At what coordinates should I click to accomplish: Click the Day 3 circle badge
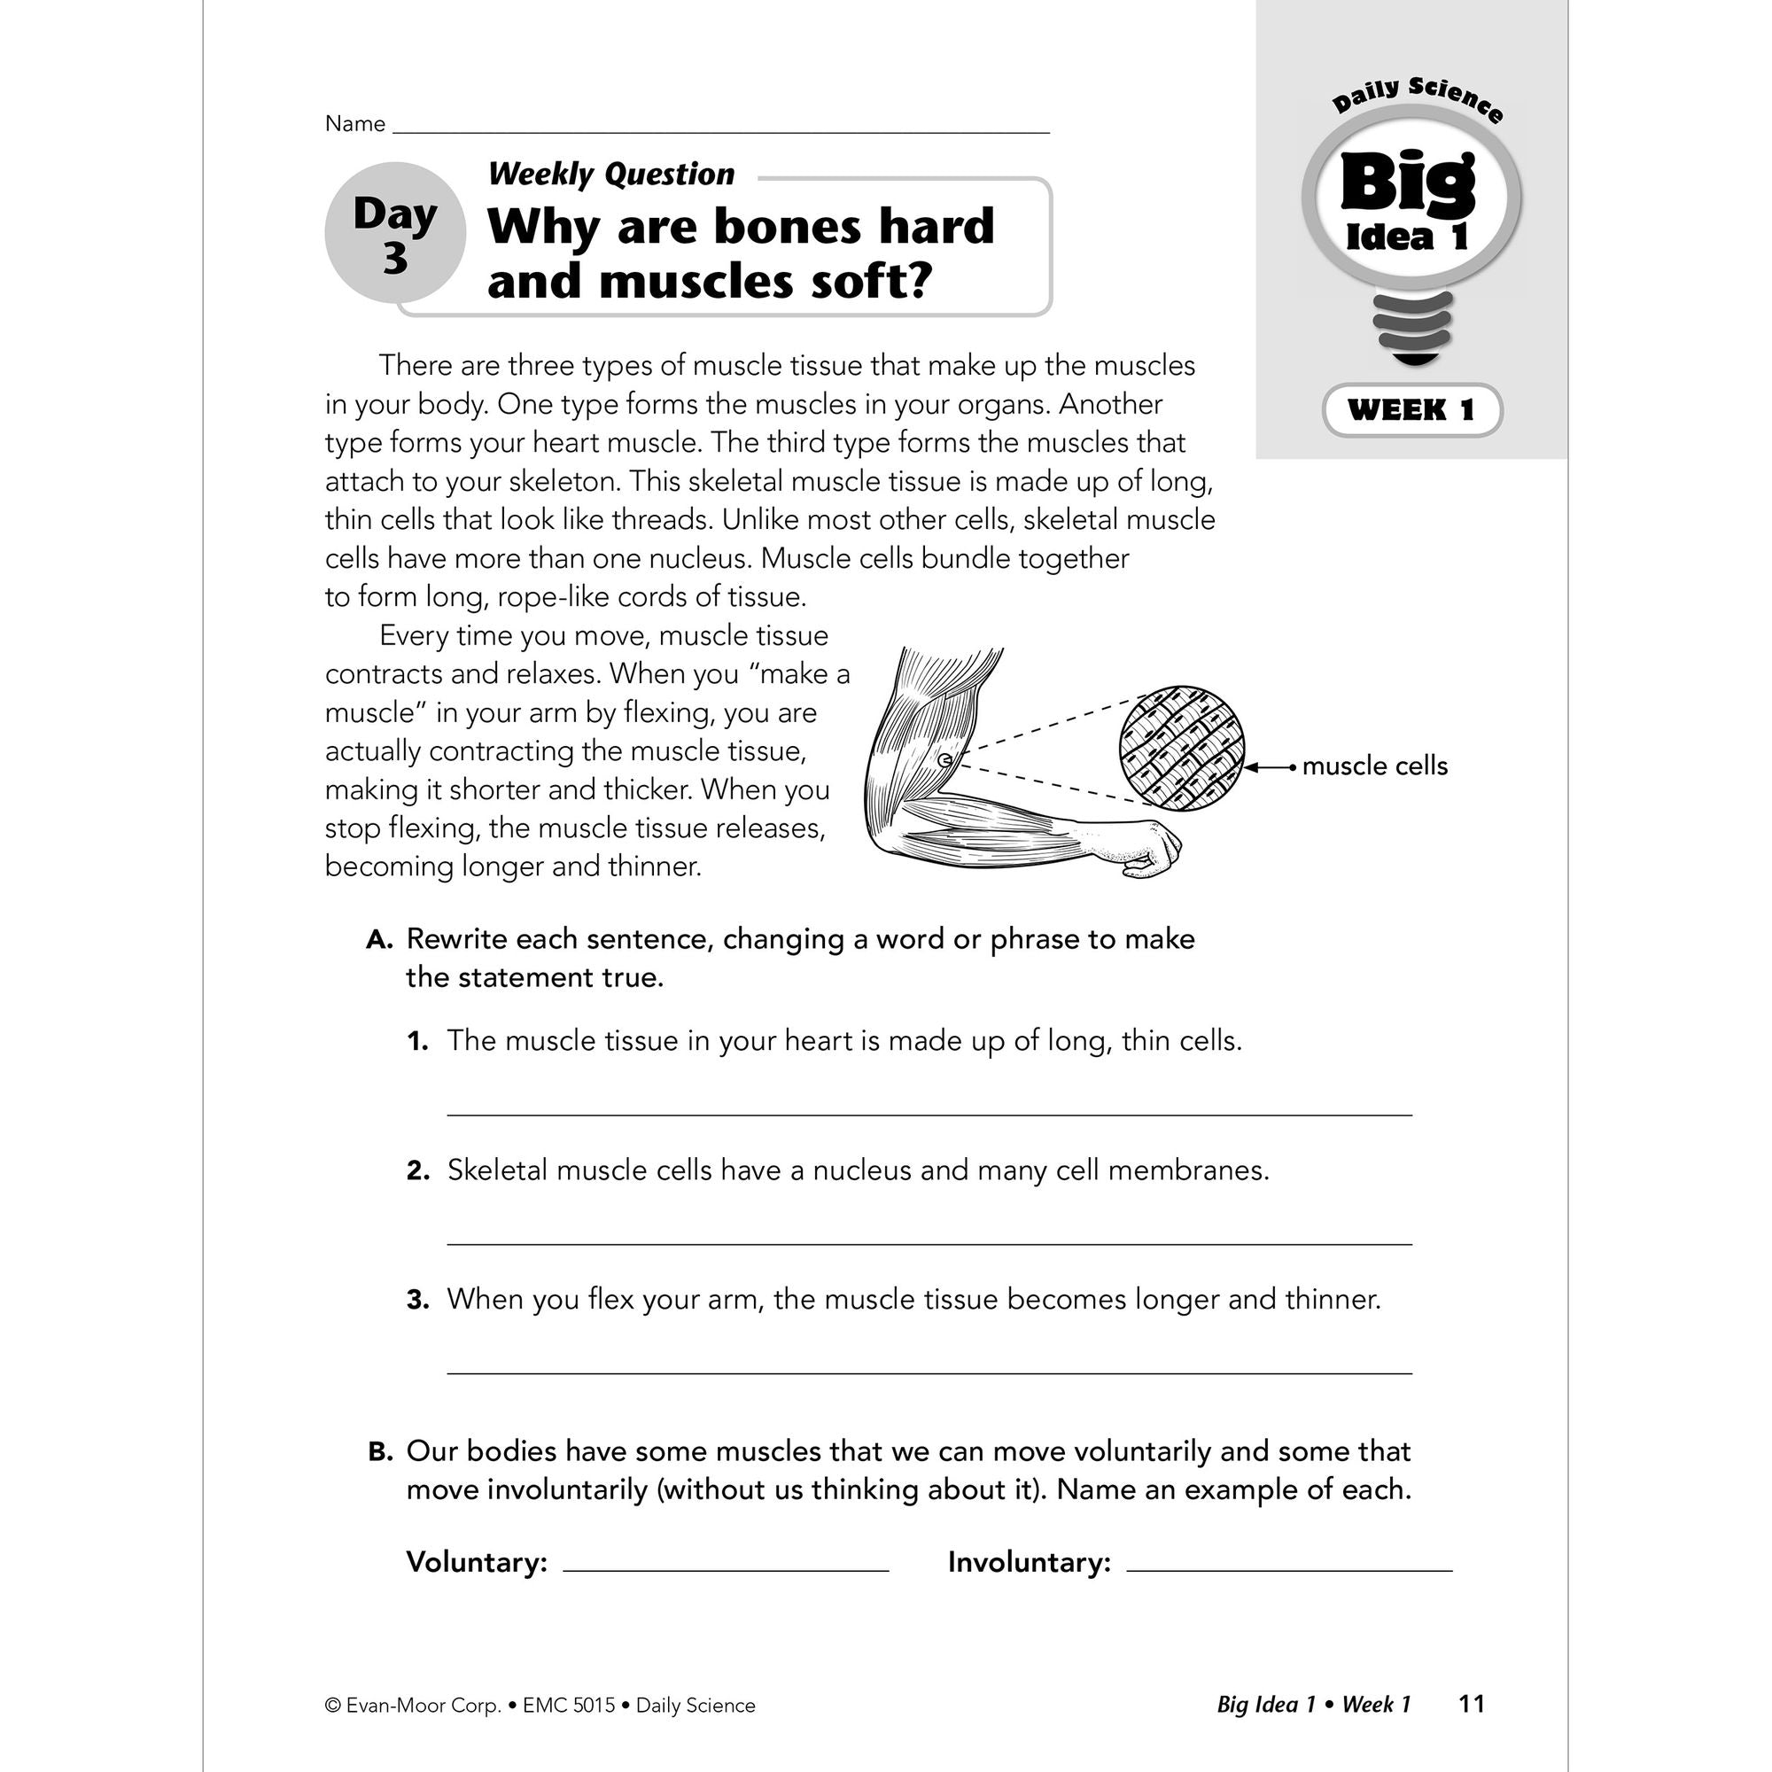coord(395,234)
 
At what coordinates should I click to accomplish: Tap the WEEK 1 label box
coord(1411,410)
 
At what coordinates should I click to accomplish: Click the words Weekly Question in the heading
coord(610,175)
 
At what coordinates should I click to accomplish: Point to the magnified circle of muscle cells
coord(1181,749)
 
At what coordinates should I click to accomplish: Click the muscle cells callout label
coord(1374,766)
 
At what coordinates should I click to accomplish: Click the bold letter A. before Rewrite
coord(379,940)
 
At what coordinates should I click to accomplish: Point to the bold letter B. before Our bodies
coord(380,1452)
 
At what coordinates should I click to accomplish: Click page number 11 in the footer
coord(1471,1704)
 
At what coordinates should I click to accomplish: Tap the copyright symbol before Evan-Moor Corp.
coord(333,1706)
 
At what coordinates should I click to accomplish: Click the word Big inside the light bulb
coord(1408,183)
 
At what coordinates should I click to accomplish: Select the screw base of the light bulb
coord(1412,328)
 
